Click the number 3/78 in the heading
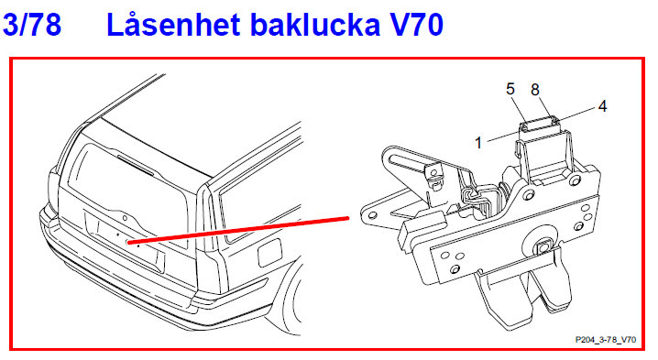[x=33, y=25]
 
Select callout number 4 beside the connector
[x=602, y=105]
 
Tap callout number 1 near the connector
[x=478, y=142]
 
